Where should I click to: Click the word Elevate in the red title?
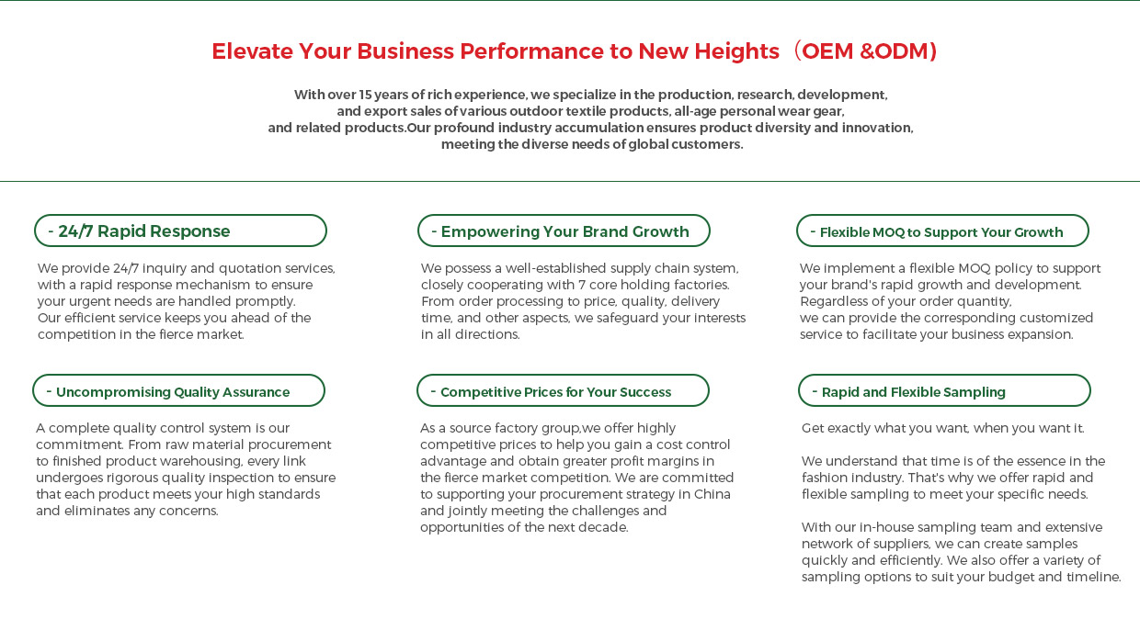click(x=253, y=51)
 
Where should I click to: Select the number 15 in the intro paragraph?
click(x=365, y=95)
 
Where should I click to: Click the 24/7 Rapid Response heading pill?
click(x=181, y=231)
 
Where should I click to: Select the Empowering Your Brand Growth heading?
click(x=564, y=231)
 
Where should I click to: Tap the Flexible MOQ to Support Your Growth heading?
click(x=942, y=231)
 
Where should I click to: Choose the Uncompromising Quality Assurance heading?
click(x=178, y=391)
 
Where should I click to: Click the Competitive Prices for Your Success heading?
click(x=563, y=391)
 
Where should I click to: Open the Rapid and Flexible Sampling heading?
click(x=944, y=391)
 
